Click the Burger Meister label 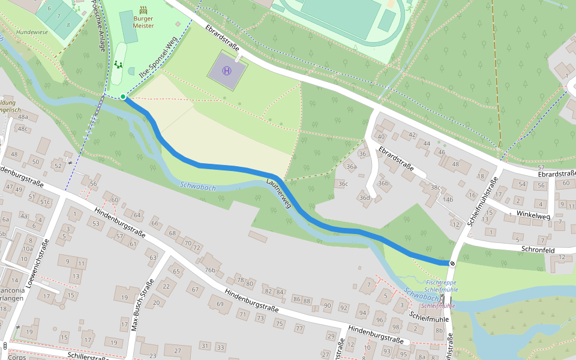point(143,22)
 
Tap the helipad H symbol point(227,71)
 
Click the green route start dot point(123,97)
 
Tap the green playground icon point(119,64)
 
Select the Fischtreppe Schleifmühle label point(441,286)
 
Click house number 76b point(209,269)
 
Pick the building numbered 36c point(343,184)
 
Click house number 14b point(448,199)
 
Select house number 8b point(439,331)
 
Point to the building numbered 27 point(177,350)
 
